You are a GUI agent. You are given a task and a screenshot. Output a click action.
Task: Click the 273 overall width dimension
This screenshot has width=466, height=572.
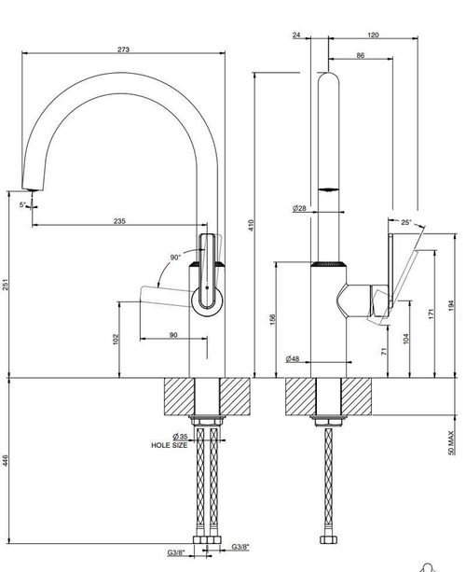pyautogui.click(x=123, y=49)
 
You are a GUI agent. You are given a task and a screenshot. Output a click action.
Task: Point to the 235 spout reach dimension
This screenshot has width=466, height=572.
pyautogui.click(x=119, y=221)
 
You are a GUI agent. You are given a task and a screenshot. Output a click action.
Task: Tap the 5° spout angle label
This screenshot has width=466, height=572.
pyautogui.click(x=22, y=205)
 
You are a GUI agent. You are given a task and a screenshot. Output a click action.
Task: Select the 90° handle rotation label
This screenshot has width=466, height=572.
pyautogui.click(x=175, y=258)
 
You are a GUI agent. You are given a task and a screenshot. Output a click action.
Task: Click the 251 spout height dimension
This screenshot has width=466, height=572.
pyautogui.click(x=5, y=285)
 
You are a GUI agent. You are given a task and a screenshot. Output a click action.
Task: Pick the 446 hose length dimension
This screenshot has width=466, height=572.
pyautogui.click(x=5, y=460)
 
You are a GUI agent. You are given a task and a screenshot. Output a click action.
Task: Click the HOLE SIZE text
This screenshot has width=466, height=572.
pyautogui.click(x=170, y=445)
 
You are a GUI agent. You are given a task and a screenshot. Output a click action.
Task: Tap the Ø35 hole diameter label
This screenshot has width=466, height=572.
pyautogui.click(x=180, y=437)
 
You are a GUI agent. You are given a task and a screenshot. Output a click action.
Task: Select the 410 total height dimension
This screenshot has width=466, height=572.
pyautogui.click(x=251, y=225)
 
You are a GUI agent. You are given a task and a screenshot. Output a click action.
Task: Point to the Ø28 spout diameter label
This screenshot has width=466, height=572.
pyautogui.click(x=299, y=209)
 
